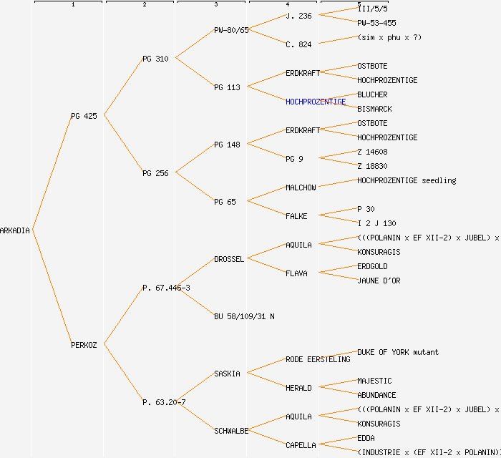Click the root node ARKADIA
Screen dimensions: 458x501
[15, 230]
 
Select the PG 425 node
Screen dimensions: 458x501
[84, 116]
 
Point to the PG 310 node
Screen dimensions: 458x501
[155, 59]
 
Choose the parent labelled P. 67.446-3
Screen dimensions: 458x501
[166, 288]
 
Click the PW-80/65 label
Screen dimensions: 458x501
[231, 30]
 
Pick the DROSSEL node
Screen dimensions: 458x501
[229, 259]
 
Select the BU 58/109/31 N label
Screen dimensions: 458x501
[244, 316]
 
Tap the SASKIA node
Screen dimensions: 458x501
[227, 374]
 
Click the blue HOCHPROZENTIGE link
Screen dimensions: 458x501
[316, 102]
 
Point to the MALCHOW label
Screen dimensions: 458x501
[301, 187]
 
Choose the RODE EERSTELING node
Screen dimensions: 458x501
[318, 359]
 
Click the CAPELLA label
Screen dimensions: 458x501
[301, 445]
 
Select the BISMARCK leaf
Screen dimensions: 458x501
[374, 109]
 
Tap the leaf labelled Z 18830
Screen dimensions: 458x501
[372, 166]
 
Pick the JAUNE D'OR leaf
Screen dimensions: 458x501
[379, 281]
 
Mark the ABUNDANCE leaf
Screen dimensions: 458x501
[376, 395]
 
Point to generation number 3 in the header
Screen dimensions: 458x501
[215, 5]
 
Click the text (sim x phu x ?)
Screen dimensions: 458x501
[389, 37]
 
